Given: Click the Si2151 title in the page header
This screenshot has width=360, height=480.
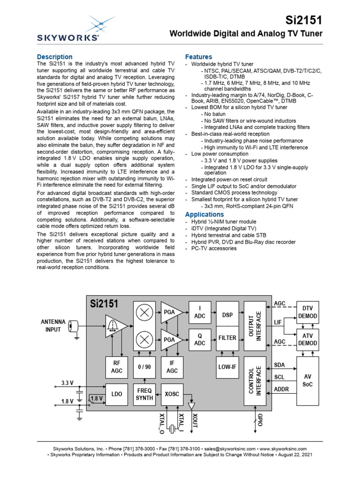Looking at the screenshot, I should [304, 19].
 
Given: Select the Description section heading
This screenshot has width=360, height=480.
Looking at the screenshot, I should [54, 57].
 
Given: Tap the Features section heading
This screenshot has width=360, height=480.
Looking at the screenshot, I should [199, 57].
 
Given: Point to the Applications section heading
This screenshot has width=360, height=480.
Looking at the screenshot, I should [204, 214].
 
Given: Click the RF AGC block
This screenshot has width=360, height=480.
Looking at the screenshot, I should [117, 367].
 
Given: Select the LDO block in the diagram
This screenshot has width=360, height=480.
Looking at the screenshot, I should [117, 394].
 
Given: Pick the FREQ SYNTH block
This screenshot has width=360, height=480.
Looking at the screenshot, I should [144, 394].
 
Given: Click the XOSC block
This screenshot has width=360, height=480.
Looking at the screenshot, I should [172, 394].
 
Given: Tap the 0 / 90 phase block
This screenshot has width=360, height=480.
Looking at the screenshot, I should [144, 367].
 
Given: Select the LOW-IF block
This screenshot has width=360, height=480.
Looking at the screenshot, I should [227, 367].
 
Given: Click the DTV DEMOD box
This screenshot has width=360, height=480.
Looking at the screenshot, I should [307, 312].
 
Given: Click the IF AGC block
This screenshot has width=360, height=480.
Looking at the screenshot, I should [172, 367].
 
